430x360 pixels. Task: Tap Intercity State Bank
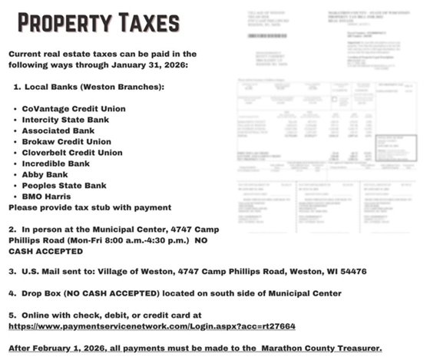click(x=64, y=120)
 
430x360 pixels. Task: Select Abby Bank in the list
click(x=45, y=174)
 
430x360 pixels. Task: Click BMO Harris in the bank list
click(x=48, y=197)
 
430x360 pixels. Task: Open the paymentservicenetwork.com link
click(x=151, y=326)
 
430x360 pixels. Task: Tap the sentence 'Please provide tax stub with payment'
click(x=89, y=207)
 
